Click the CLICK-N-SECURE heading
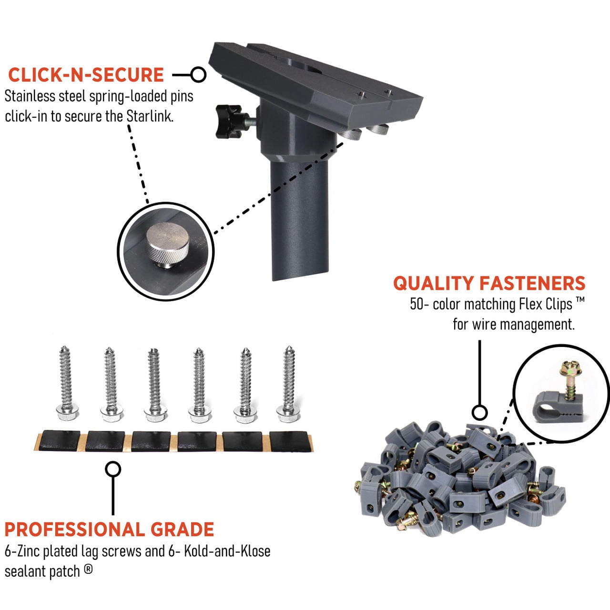[86, 75]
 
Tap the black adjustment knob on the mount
[228, 122]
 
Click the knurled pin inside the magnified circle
[167, 245]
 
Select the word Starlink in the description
[150, 116]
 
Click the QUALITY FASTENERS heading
[489, 283]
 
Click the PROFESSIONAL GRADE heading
[109, 529]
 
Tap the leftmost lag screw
[66, 383]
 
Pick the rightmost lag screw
[288, 384]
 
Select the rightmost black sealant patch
[290, 441]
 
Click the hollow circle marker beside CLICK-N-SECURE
[198, 75]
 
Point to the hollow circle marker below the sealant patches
[113, 469]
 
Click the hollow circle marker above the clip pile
[479, 413]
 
